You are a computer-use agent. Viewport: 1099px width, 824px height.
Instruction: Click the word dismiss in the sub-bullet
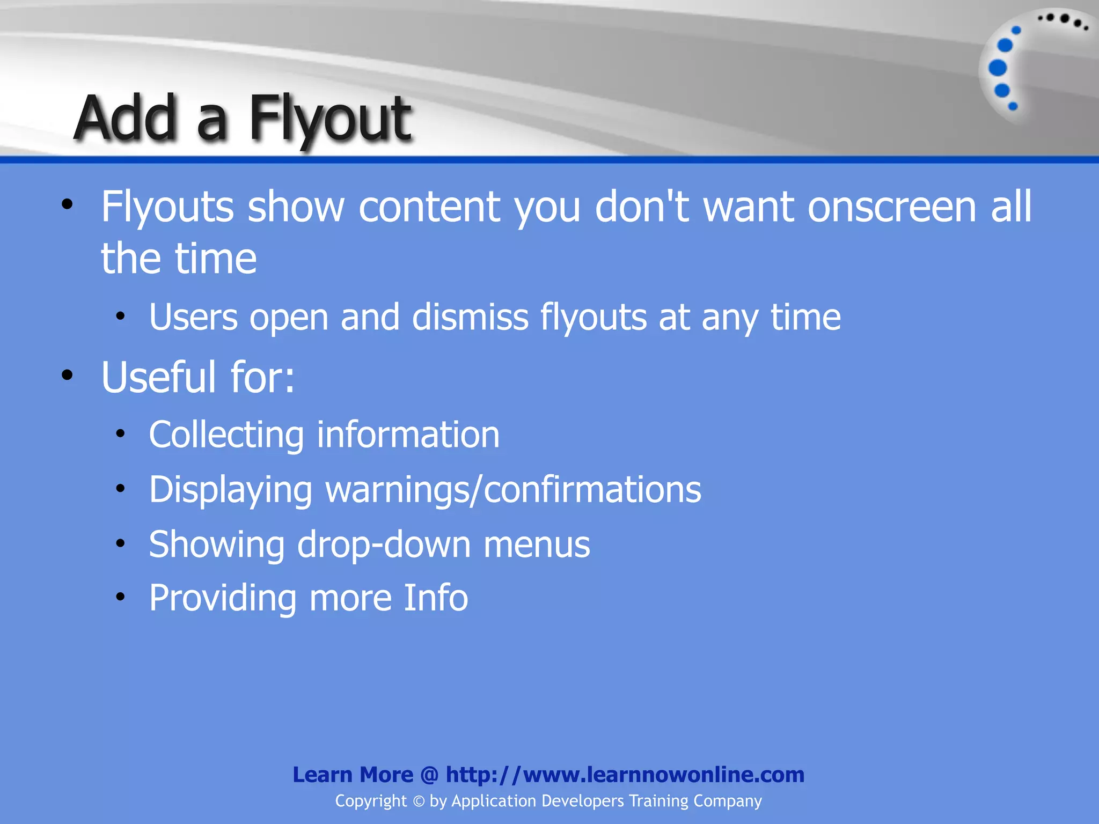pos(470,317)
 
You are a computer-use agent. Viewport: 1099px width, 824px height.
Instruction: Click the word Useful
pos(159,377)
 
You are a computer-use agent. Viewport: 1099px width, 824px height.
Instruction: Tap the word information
pos(408,435)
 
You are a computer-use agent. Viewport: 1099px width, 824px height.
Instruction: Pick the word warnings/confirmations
pos(513,490)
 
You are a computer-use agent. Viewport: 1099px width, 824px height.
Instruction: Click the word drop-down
pos(383,545)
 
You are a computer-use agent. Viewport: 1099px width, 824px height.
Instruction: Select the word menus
pos(536,545)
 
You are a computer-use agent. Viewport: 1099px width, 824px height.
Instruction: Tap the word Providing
pos(222,598)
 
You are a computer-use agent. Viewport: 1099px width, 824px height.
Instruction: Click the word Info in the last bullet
pos(435,598)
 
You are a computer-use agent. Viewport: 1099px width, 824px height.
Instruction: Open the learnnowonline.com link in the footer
pos(625,775)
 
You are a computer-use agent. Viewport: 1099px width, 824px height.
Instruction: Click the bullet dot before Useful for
pos(67,375)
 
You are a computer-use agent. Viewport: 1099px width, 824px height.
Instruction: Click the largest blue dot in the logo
pos(998,68)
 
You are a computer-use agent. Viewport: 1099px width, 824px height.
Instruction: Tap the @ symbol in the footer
pos(429,775)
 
